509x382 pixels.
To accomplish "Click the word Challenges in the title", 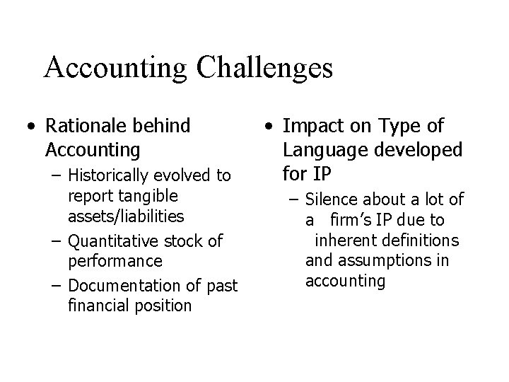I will pyautogui.click(x=265, y=69).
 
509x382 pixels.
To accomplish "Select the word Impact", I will pyautogui.click(x=308, y=127).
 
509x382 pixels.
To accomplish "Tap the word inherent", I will pyautogui.click(x=344, y=241).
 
